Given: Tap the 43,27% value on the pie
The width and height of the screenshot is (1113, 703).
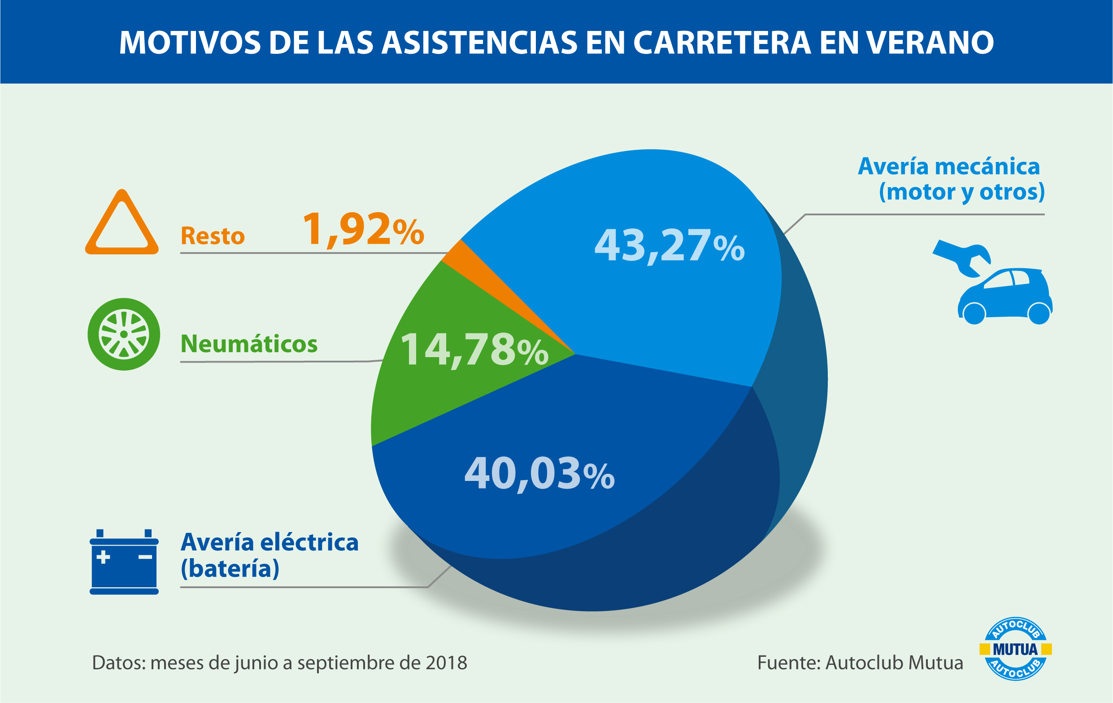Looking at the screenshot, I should tap(669, 246).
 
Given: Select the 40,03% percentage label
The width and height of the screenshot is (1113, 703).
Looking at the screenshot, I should tap(539, 474).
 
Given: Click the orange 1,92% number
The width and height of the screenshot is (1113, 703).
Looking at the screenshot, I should tap(363, 229).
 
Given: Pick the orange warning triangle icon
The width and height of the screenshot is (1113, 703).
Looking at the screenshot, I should tap(122, 225).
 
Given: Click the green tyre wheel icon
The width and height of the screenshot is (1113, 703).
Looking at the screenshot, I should tap(124, 334).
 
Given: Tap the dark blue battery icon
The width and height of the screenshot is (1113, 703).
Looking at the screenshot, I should tap(124, 562).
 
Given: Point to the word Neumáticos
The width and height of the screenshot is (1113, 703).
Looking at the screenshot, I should tap(249, 344).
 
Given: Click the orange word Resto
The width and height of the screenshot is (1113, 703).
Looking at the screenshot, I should tap(213, 236).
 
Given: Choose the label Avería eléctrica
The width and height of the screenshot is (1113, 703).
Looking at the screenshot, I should tap(270, 542).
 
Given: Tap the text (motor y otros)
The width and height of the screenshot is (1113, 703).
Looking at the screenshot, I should tap(961, 192).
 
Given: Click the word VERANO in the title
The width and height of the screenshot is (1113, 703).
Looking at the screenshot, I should tap(930, 43).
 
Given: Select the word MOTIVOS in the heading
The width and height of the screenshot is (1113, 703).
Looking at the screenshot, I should tap(190, 43).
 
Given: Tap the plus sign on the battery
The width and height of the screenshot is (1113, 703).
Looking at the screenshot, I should tap(103, 557).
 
